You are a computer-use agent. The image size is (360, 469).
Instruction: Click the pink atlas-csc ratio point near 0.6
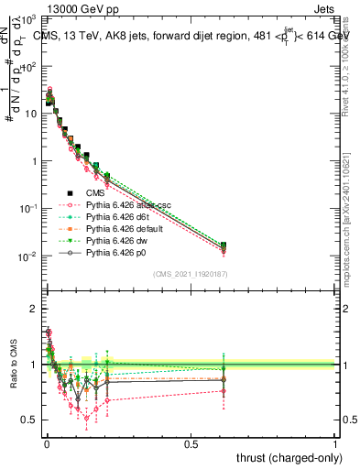224,391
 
